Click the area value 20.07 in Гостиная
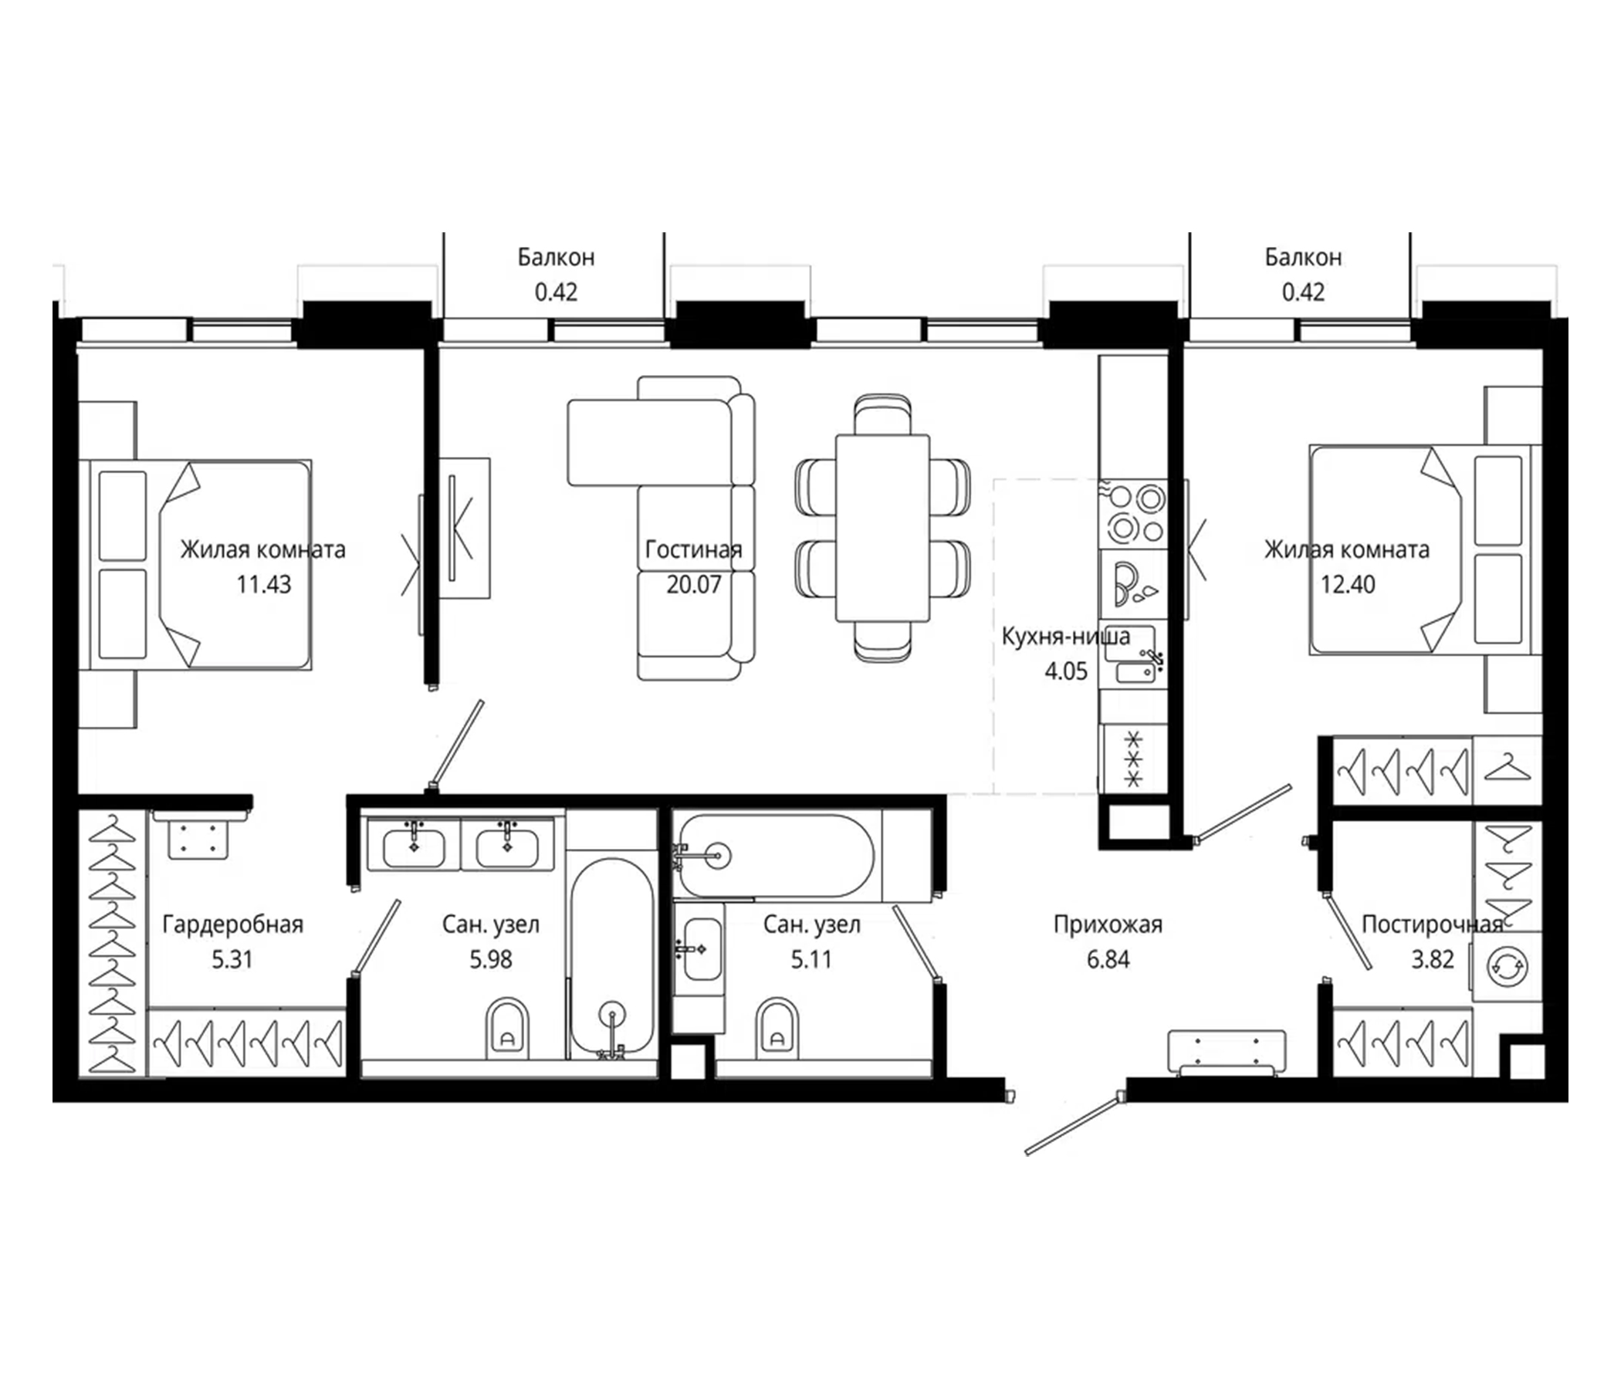coord(693,584)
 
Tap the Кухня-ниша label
coord(1065,637)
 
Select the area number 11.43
coord(264,584)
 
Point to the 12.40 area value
coord(1347,584)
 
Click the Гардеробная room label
coord(232,924)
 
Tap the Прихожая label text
coord(1108,924)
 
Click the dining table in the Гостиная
coord(882,528)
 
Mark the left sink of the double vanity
coord(414,847)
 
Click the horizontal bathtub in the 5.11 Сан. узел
coord(774,856)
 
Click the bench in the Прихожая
coord(1226,1052)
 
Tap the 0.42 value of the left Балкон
coord(556,292)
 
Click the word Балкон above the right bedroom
coord(1303,257)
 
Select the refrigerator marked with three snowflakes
coord(1134,758)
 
